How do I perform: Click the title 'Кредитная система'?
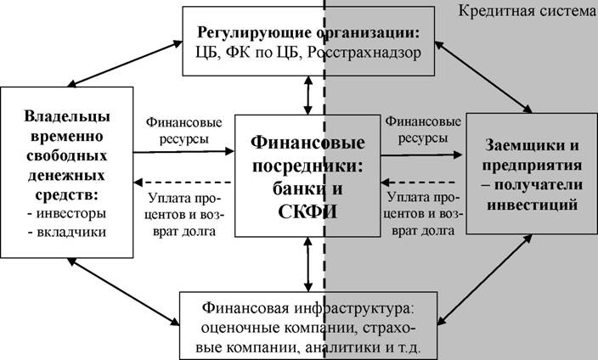click(x=527, y=11)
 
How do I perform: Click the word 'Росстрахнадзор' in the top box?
click(x=364, y=53)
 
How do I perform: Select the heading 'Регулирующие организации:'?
click(x=308, y=33)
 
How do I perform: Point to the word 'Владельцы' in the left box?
click(x=67, y=116)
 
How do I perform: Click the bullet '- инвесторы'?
click(x=67, y=213)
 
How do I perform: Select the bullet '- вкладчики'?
click(x=67, y=233)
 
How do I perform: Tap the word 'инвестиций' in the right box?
click(x=532, y=205)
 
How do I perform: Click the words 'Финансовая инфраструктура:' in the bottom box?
click(x=308, y=307)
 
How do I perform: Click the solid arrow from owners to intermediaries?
click(x=183, y=152)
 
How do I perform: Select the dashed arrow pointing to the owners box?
click(x=183, y=183)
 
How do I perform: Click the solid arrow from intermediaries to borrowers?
click(x=421, y=155)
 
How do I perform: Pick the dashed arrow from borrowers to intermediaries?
click(x=419, y=182)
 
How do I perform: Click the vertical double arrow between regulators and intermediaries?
click(x=308, y=95)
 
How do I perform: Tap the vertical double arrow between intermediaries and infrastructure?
click(x=308, y=264)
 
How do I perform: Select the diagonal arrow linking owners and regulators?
click(x=125, y=64)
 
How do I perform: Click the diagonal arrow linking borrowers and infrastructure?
click(x=484, y=279)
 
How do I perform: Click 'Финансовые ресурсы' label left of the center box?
click(x=183, y=131)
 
